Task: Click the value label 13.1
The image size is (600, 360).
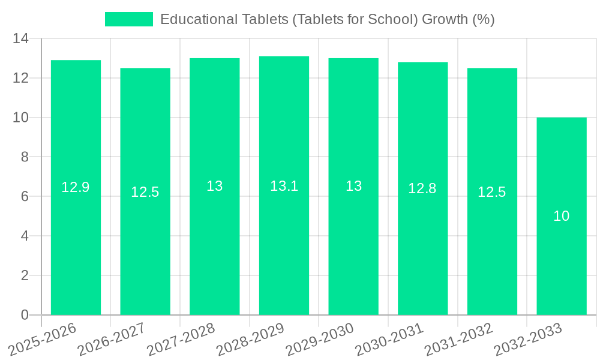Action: pos(284,186)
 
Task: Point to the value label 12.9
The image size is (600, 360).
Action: pos(76,187)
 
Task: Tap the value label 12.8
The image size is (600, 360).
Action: pos(422,188)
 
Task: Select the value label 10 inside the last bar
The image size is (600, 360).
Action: pos(562,216)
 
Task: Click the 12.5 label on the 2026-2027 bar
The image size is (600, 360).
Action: pos(145,192)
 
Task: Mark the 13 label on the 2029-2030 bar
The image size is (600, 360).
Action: pos(354,186)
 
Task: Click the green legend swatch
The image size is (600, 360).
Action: pos(129,19)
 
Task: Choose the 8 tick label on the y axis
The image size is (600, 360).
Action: pos(25,157)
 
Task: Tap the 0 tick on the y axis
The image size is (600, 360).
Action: pos(25,315)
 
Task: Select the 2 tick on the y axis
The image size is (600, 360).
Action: pos(25,275)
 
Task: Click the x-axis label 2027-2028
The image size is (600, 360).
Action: pos(182,339)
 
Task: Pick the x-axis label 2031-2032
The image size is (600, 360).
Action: pos(459,339)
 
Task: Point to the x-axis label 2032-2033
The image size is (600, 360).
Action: pos(529,339)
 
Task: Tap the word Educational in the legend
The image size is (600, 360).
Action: pos(195,19)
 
